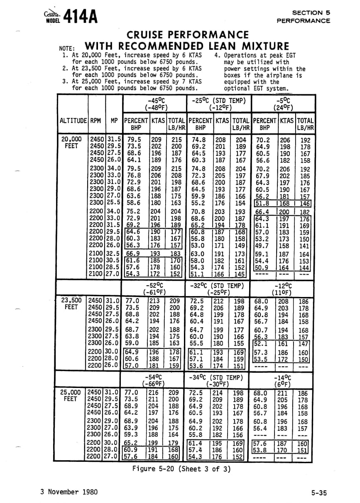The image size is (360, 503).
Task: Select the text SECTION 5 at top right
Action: click(311, 13)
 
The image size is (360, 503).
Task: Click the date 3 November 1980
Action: click(69, 492)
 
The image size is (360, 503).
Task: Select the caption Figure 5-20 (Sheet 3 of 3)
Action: click(181, 469)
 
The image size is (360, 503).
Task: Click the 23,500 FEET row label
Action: click(71, 304)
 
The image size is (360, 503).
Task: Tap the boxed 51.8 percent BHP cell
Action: click(262, 204)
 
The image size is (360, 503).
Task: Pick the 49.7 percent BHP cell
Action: click(262, 245)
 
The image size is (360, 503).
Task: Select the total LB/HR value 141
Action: click(305, 245)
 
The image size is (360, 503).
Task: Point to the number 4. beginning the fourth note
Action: click(218, 55)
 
